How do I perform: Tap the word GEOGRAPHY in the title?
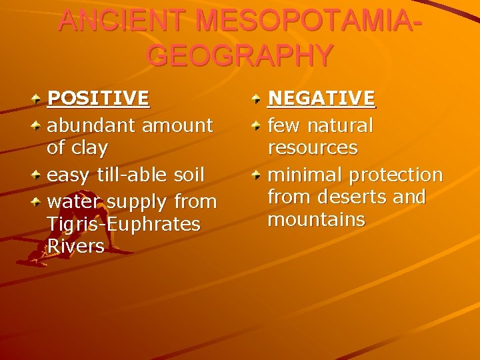click(239, 55)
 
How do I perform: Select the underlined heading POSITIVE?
click(98, 99)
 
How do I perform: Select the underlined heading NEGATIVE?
click(321, 99)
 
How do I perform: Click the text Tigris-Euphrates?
click(123, 224)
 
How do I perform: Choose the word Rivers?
click(76, 247)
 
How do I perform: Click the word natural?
click(340, 124)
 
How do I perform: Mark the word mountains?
click(315, 219)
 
